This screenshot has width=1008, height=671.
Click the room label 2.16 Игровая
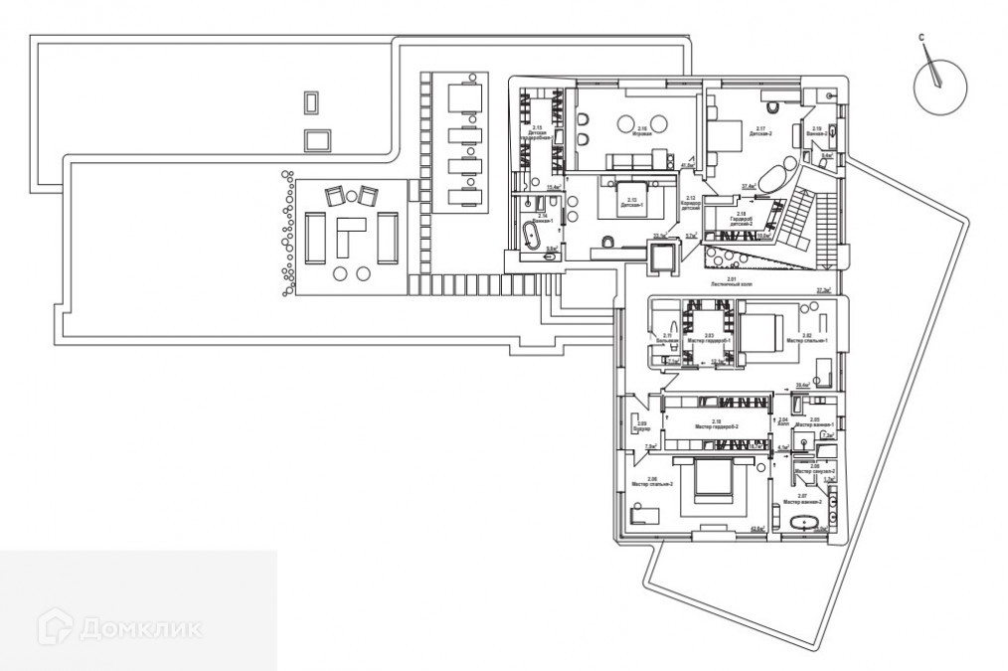[642, 130]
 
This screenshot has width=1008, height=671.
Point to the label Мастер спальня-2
[653, 483]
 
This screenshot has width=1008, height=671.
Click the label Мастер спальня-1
[806, 340]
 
